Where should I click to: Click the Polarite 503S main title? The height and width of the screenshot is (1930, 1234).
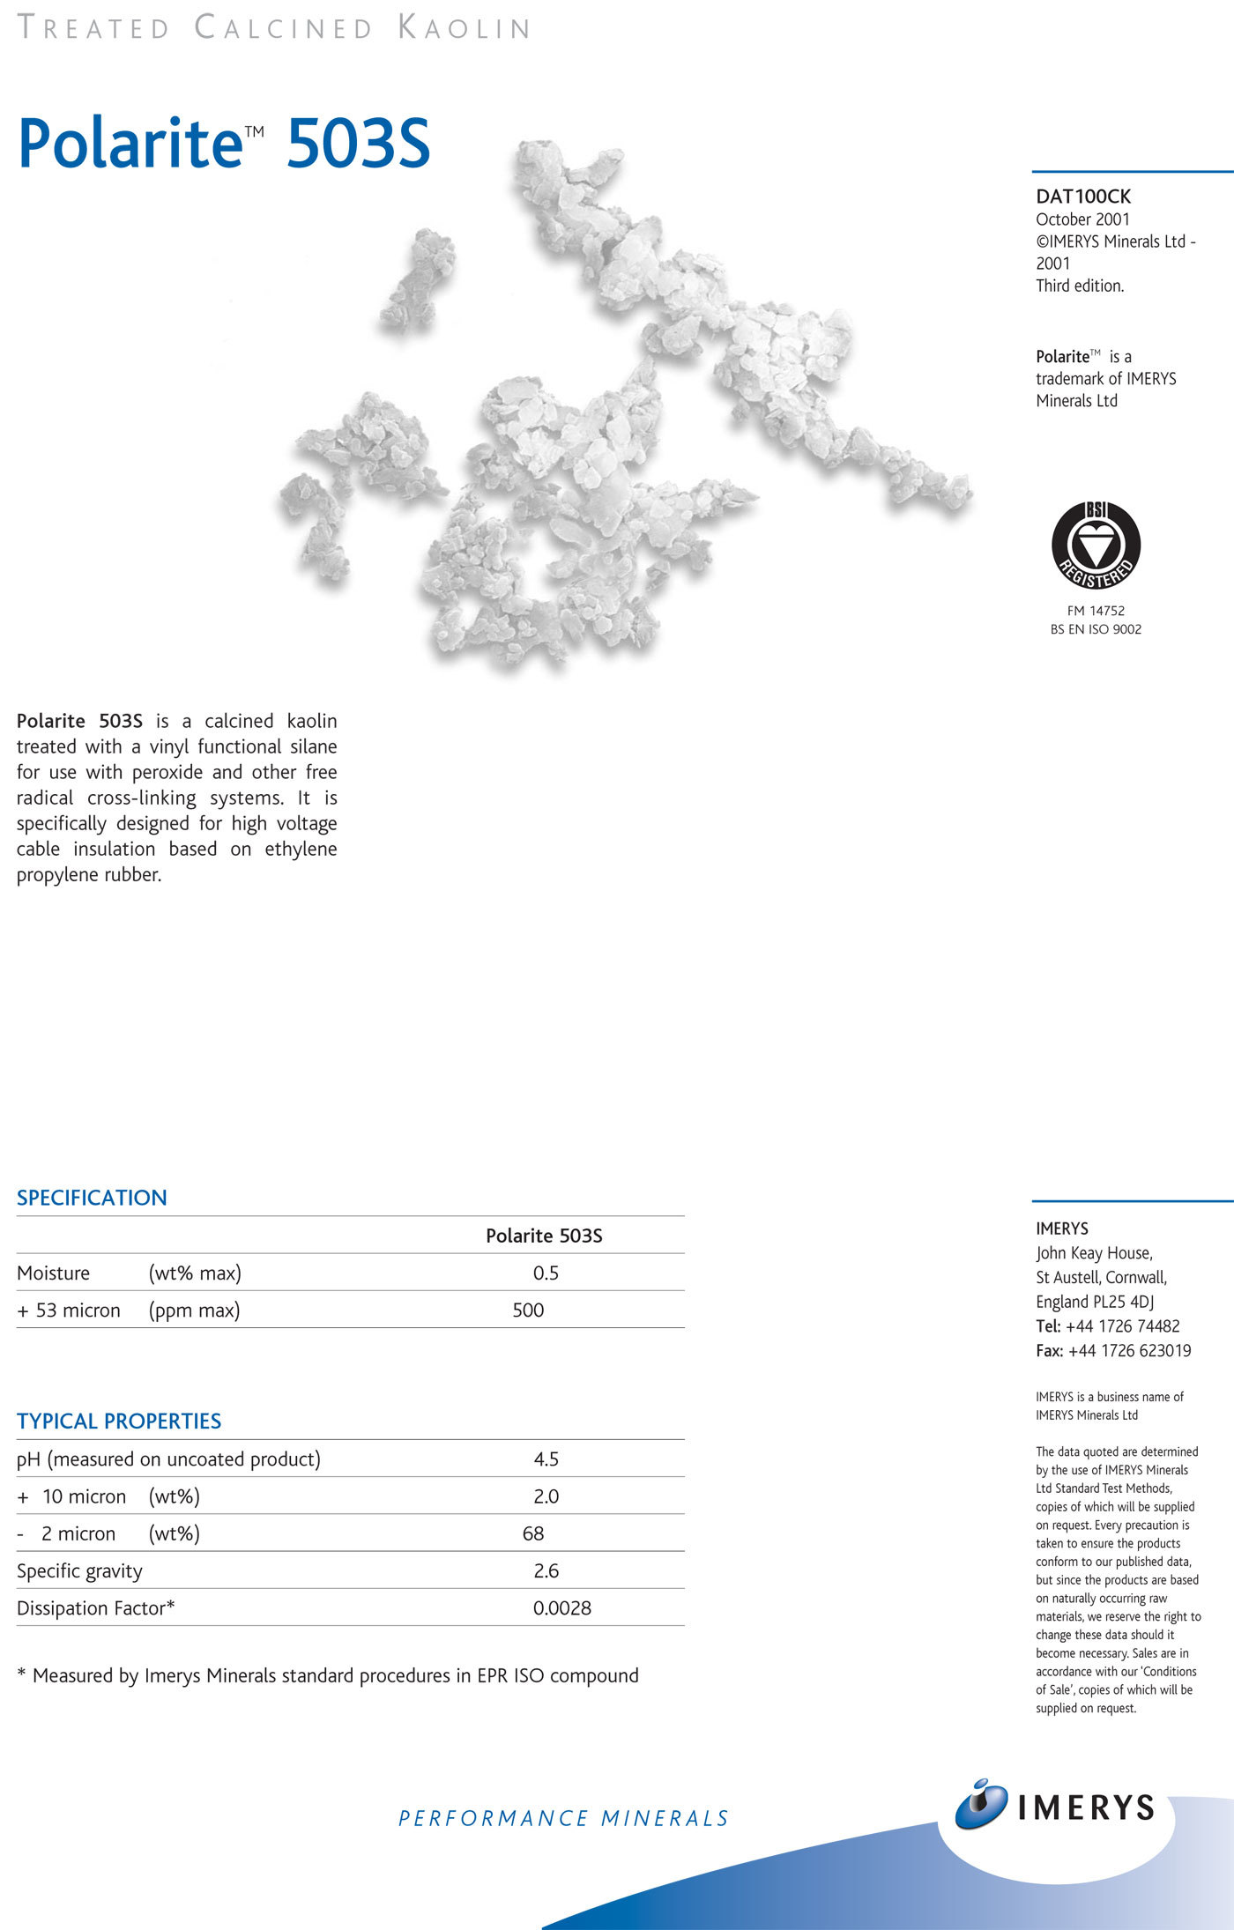click(224, 143)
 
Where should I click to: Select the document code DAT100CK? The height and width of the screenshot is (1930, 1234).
click(1083, 197)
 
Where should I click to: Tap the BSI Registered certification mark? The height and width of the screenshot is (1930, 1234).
click(1096, 546)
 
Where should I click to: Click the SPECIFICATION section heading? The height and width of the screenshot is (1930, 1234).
click(92, 1198)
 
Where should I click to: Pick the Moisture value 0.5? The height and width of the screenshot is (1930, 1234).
click(546, 1273)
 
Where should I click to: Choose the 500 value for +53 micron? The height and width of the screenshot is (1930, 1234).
click(528, 1310)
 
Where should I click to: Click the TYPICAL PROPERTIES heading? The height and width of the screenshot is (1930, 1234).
click(119, 1421)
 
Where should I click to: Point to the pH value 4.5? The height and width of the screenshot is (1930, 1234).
click(546, 1459)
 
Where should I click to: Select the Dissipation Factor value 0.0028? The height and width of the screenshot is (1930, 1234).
click(561, 1607)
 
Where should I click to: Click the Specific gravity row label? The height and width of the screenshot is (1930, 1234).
click(79, 1570)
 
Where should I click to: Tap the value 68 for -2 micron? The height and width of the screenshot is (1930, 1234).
click(533, 1533)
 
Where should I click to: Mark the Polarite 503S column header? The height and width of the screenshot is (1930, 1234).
click(544, 1236)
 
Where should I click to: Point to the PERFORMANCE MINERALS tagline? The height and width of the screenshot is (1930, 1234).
click(563, 1818)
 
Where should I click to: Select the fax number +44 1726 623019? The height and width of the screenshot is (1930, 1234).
click(1129, 1350)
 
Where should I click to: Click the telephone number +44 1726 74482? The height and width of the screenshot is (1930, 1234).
click(1122, 1325)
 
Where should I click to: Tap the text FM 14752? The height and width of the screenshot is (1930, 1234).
click(1096, 611)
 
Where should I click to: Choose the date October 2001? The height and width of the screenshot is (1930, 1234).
click(1082, 219)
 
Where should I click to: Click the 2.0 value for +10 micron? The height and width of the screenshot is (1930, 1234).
click(546, 1496)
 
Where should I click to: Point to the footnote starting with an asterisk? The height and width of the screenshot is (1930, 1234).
click(328, 1675)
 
